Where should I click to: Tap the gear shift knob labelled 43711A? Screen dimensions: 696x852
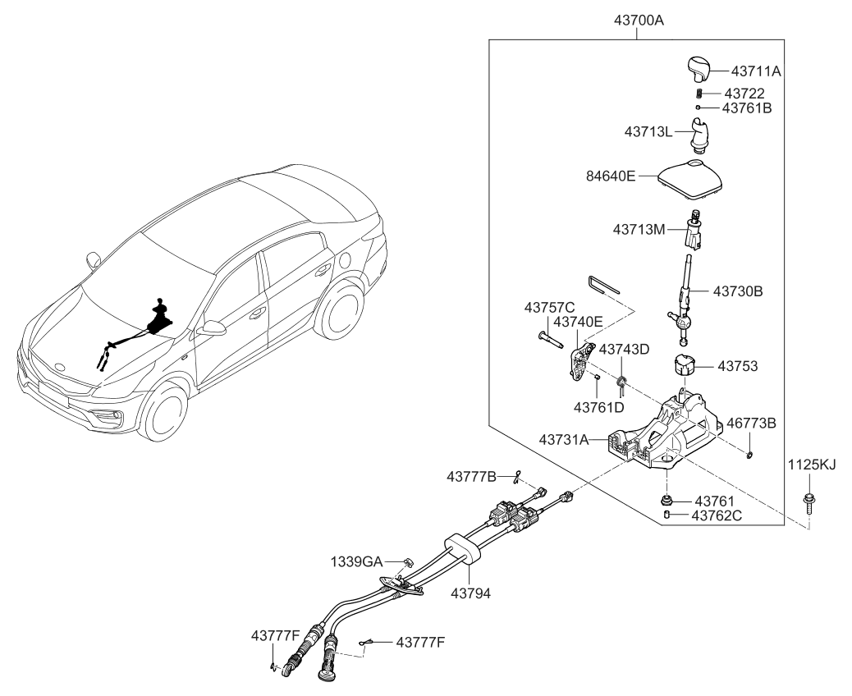point(696,69)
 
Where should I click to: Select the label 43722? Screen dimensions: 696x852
point(744,94)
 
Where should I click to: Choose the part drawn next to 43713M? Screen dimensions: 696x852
point(694,232)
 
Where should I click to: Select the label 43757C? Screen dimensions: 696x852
point(549,307)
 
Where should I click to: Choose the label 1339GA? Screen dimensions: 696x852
point(360,561)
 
